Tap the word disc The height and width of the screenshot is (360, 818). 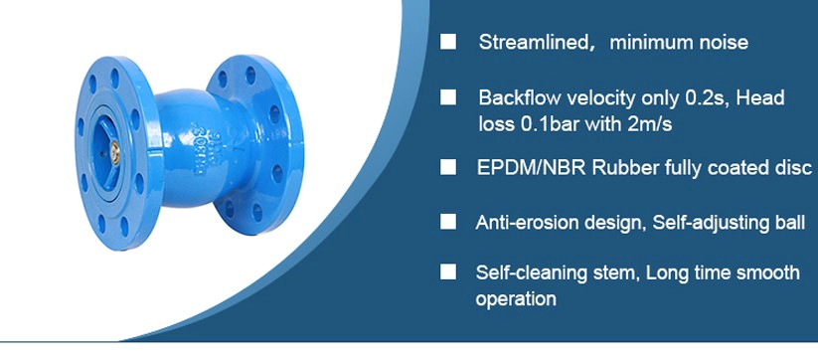794,167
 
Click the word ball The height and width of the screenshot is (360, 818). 792,223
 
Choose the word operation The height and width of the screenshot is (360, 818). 516,299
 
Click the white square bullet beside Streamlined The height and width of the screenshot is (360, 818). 447,42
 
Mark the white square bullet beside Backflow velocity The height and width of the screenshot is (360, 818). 447,97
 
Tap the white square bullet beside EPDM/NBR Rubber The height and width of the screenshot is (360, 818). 447,167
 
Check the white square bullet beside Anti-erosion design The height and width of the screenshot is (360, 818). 447,222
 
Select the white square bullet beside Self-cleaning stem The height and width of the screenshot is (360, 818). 447,271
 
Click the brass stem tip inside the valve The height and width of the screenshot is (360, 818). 115,152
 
